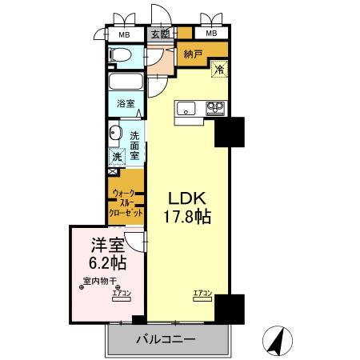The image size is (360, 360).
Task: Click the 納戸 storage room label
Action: (x=193, y=55)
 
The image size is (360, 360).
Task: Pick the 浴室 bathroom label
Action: (x=126, y=103)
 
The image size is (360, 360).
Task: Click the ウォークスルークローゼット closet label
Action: (x=127, y=204)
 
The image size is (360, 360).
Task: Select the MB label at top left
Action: (x=125, y=34)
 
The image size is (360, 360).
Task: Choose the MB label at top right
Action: (x=212, y=34)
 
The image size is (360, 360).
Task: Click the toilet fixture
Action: (x=118, y=55)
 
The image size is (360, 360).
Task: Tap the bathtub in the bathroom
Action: (x=126, y=83)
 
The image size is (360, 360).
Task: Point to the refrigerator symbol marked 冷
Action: (x=218, y=70)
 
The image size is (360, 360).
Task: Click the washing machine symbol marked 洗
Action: (x=117, y=157)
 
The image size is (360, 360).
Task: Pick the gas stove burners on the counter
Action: (x=214, y=107)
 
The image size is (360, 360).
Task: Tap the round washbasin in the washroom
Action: (x=115, y=134)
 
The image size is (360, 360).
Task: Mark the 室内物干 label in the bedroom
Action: (x=99, y=281)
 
